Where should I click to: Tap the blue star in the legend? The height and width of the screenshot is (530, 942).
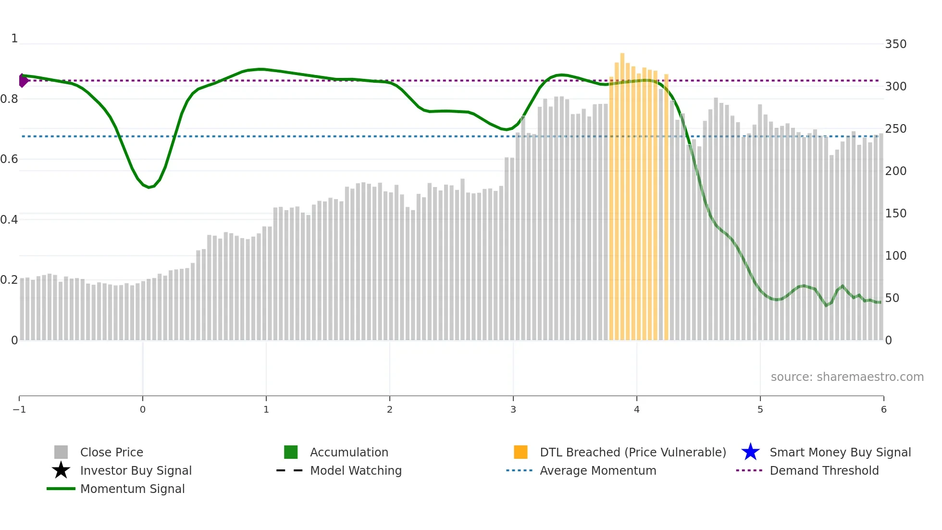[x=750, y=452]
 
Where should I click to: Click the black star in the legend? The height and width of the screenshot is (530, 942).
[x=61, y=470]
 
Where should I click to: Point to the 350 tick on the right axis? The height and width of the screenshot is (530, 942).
[x=895, y=44]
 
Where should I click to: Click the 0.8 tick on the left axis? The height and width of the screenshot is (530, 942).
[x=9, y=99]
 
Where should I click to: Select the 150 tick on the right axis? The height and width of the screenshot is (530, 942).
[x=895, y=214]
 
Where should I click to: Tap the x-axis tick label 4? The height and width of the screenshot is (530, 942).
[x=637, y=409]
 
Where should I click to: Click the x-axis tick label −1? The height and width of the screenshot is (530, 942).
[x=19, y=409]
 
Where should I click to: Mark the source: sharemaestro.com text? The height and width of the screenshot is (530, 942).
[x=847, y=377]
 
